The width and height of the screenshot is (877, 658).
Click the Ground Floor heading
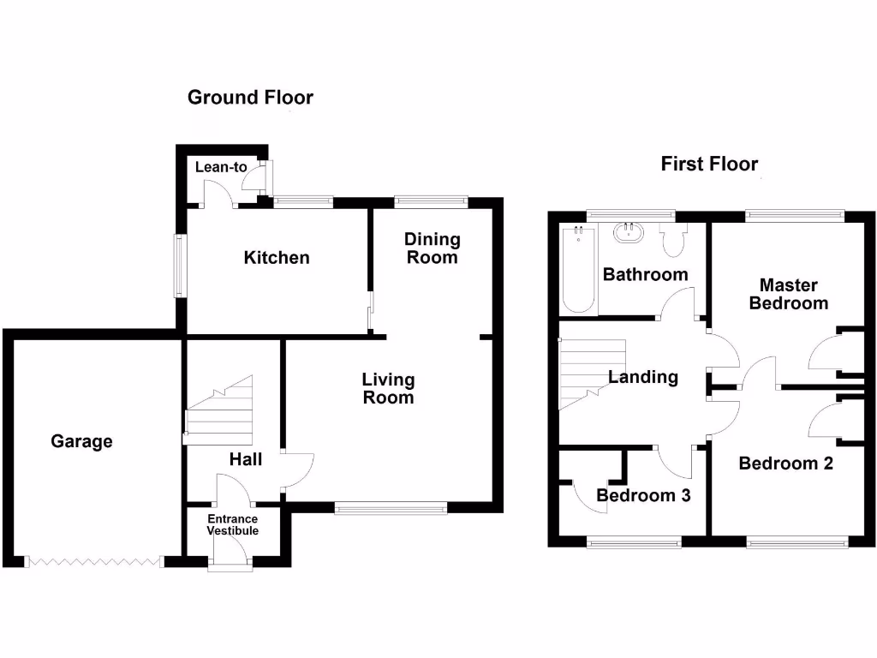250,98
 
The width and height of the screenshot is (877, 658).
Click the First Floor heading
709,164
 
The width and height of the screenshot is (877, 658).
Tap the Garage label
81,441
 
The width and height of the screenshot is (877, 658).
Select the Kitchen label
277,257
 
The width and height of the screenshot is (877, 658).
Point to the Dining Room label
432,248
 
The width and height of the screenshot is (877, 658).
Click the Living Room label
388,388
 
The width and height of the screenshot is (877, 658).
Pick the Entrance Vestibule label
232,524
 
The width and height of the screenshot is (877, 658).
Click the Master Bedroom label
788,294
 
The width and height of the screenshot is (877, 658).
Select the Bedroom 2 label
785,464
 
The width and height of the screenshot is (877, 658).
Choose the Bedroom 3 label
643,495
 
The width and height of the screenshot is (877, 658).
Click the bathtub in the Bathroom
578,269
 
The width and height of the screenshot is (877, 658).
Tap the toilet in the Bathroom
673,241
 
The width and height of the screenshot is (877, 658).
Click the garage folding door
94,562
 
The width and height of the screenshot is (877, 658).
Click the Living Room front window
391,509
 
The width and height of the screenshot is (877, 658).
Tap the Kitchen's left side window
180,266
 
